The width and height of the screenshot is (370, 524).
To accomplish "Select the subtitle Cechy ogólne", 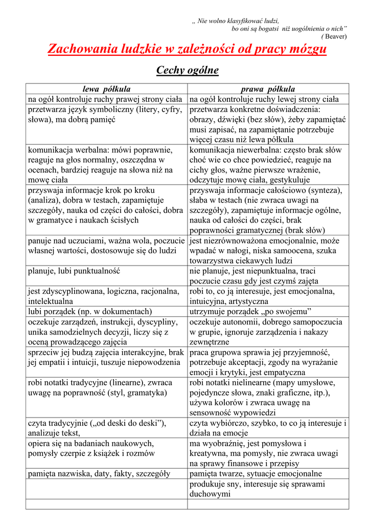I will tap(187, 70).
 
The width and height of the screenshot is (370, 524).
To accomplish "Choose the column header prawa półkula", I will tap(268, 89).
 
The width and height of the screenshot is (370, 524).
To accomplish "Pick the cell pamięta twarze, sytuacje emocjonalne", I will tap(256, 474).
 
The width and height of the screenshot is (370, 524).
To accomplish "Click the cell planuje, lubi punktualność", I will tap(74, 271).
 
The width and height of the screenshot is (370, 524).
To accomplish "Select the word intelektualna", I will tap(51, 301).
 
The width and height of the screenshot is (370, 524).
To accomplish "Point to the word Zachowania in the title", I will tap(76, 50).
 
